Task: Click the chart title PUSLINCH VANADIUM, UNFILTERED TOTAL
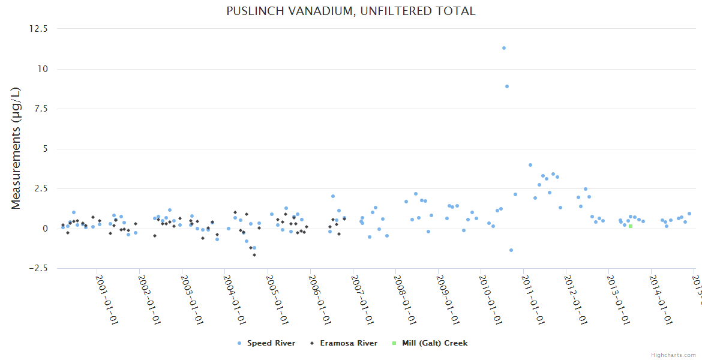pos(350,11)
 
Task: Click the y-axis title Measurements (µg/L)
pos(16,148)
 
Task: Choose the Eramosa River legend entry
pos(348,343)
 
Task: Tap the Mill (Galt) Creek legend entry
pos(433,343)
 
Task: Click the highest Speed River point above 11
pos(504,48)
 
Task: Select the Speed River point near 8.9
pos(507,86)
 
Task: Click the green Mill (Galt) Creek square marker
pos(631,226)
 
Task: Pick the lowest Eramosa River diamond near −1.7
pos(254,255)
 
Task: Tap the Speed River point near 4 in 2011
pos(530,165)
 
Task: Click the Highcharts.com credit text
pos(673,355)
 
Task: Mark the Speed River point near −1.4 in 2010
pos(511,250)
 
